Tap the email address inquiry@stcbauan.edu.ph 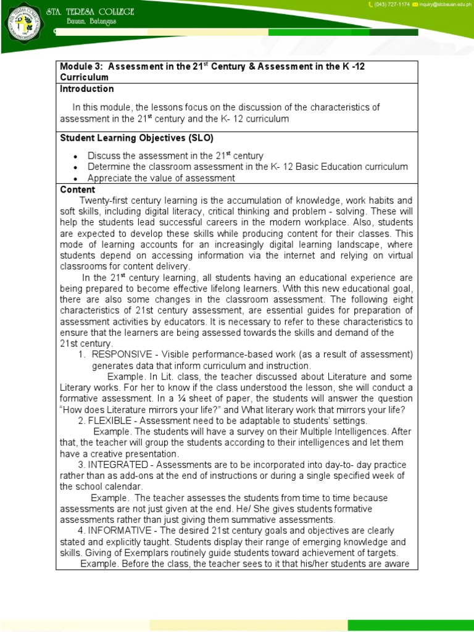click(444, 5)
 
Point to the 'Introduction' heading click(87, 89)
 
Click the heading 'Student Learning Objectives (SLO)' click(136, 138)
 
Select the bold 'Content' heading click(78, 189)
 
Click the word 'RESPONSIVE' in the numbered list click(120, 354)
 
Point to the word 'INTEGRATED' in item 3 click(115, 464)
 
